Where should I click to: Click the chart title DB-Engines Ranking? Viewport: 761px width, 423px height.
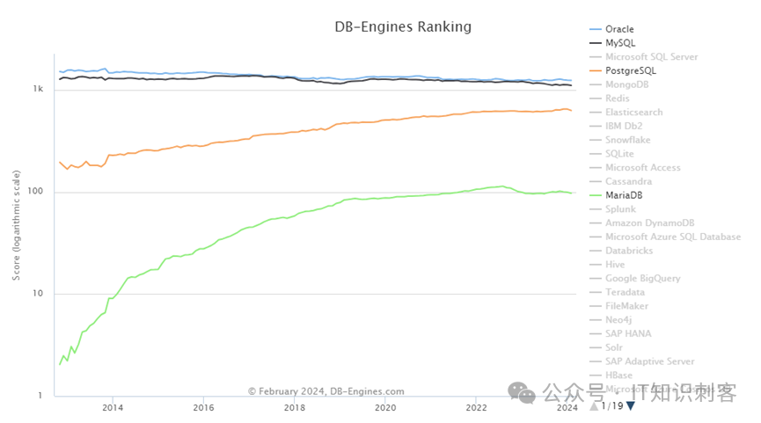pos(403,26)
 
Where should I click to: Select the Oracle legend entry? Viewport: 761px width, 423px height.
pos(619,29)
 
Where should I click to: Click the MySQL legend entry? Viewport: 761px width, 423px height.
pos(620,42)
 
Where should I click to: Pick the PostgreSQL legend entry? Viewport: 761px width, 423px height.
pos(630,70)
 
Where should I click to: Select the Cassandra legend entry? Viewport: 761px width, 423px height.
pos(629,181)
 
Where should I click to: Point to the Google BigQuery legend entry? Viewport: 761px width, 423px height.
pos(642,278)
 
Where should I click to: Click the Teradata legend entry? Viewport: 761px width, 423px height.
pos(625,292)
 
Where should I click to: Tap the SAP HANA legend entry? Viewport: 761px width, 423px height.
pos(628,333)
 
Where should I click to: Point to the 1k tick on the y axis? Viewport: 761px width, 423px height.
pos(38,90)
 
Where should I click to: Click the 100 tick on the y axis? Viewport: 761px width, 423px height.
pos(36,192)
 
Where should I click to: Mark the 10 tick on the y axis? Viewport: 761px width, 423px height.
pos(39,294)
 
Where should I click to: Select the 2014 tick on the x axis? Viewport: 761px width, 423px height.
pos(112,408)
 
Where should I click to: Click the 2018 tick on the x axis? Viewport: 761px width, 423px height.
pos(294,408)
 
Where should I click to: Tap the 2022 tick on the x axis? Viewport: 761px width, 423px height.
pos(476,408)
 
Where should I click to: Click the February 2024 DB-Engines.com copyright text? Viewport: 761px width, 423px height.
pos(326,391)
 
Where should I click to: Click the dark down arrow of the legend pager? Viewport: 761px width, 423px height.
pos(630,406)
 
